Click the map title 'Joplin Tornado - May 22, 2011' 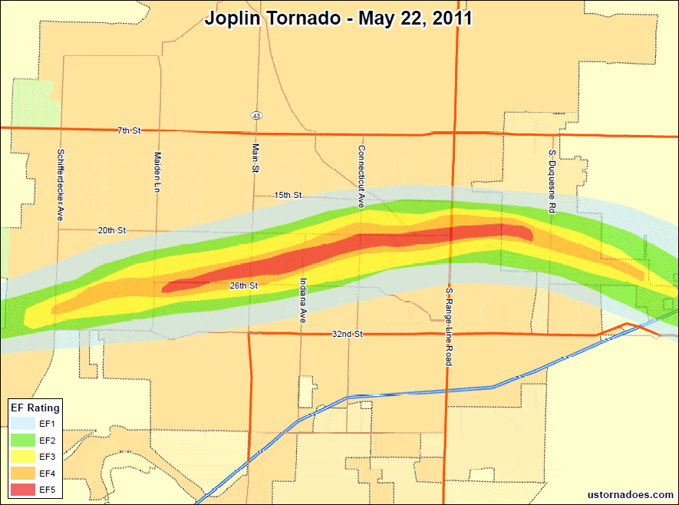pyautogui.click(x=338, y=18)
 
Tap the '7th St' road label pyautogui.click(x=129, y=131)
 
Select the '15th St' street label pyautogui.click(x=288, y=196)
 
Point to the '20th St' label pyautogui.click(x=111, y=230)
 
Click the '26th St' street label pyautogui.click(x=243, y=286)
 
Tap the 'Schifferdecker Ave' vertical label pyautogui.click(x=60, y=185)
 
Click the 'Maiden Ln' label pyautogui.click(x=157, y=171)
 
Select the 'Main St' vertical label pyautogui.click(x=255, y=159)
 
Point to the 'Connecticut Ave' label pyautogui.click(x=360, y=177)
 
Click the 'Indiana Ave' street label pyautogui.click(x=303, y=300)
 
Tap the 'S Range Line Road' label pyautogui.click(x=449, y=327)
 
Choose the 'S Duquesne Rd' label pyautogui.click(x=552, y=181)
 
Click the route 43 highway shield pyautogui.click(x=256, y=115)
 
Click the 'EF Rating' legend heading pyautogui.click(x=35, y=408)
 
